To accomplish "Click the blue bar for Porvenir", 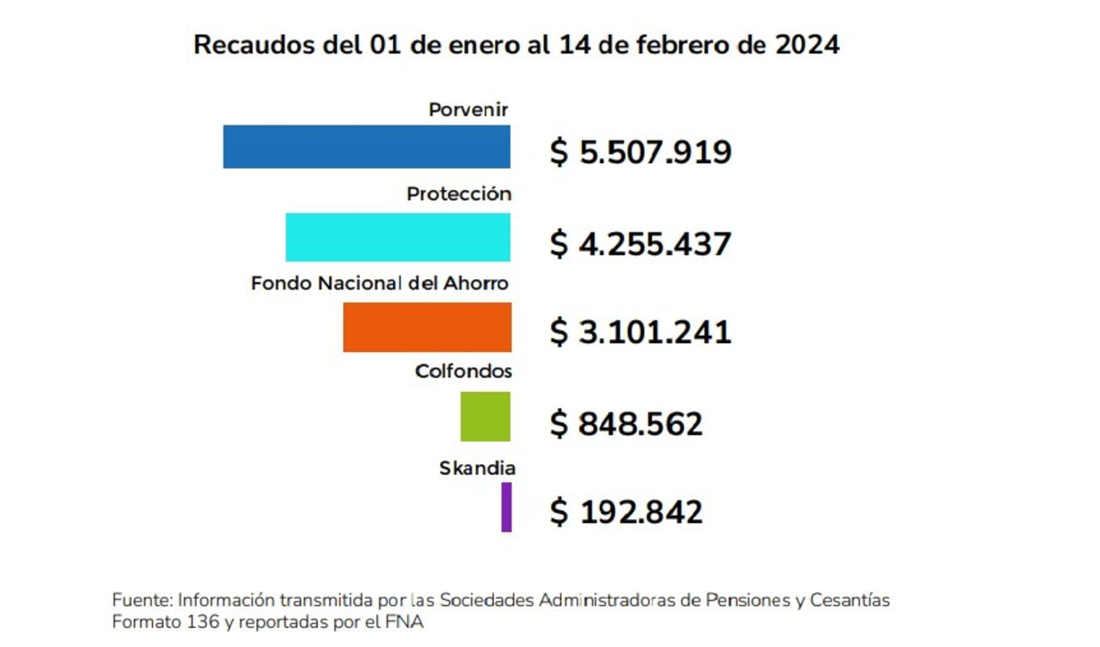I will click(x=366, y=147).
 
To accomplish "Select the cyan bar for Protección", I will click(x=398, y=237).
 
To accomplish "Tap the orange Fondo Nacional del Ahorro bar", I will click(x=427, y=327).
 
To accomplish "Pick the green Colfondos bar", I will click(x=486, y=417).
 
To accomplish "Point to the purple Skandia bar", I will click(x=506, y=507).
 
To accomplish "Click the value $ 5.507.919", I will click(x=640, y=153).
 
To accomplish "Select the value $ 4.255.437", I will click(x=640, y=244).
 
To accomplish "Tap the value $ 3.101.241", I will click(x=640, y=333).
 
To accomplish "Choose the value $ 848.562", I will click(x=626, y=424).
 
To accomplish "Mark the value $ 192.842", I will click(x=626, y=512).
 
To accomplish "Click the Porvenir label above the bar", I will click(x=469, y=110).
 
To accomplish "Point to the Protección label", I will click(x=459, y=194).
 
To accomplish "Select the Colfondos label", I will click(x=463, y=371).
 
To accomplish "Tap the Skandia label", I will click(x=477, y=468).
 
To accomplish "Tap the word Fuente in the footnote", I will click(x=136, y=600).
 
